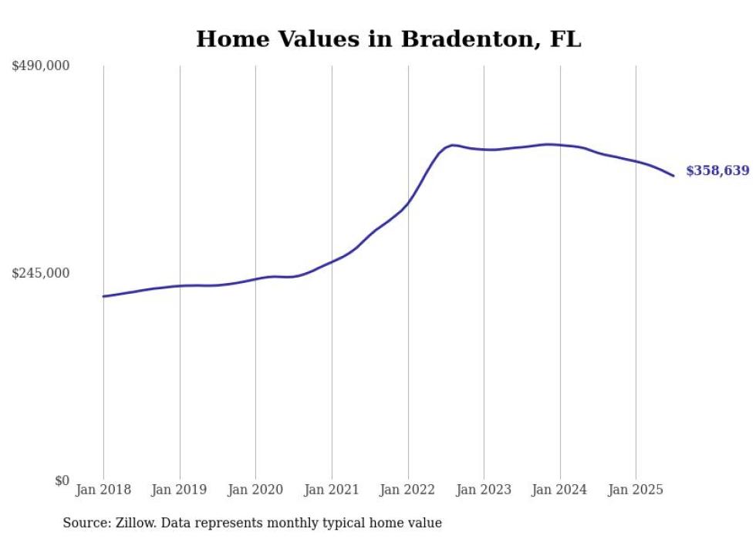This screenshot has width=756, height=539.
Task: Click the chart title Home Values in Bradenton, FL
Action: (x=388, y=39)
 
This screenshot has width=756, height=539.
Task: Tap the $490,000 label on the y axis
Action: (x=41, y=66)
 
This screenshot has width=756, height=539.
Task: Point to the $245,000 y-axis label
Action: (x=41, y=273)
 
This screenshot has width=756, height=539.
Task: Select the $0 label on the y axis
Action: (x=62, y=480)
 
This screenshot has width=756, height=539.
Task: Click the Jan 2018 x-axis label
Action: (x=103, y=490)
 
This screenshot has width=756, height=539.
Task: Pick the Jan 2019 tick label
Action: (x=180, y=490)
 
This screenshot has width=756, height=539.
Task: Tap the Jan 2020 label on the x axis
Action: (x=255, y=490)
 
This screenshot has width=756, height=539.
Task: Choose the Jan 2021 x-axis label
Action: (x=332, y=490)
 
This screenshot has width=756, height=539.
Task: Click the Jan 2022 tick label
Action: (x=408, y=490)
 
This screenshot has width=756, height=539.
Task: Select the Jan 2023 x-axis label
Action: (x=484, y=490)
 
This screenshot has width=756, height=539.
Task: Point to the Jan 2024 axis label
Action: (x=560, y=490)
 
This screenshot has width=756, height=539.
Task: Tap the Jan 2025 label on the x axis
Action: (x=636, y=490)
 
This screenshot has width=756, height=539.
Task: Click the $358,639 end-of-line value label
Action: (x=717, y=171)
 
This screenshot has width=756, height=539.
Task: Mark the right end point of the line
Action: (x=673, y=176)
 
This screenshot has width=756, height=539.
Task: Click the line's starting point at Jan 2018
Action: (x=103, y=296)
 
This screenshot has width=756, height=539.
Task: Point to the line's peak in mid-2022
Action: (x=453, y=145)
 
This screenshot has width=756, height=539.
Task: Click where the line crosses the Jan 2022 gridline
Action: (x=408, y=202)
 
